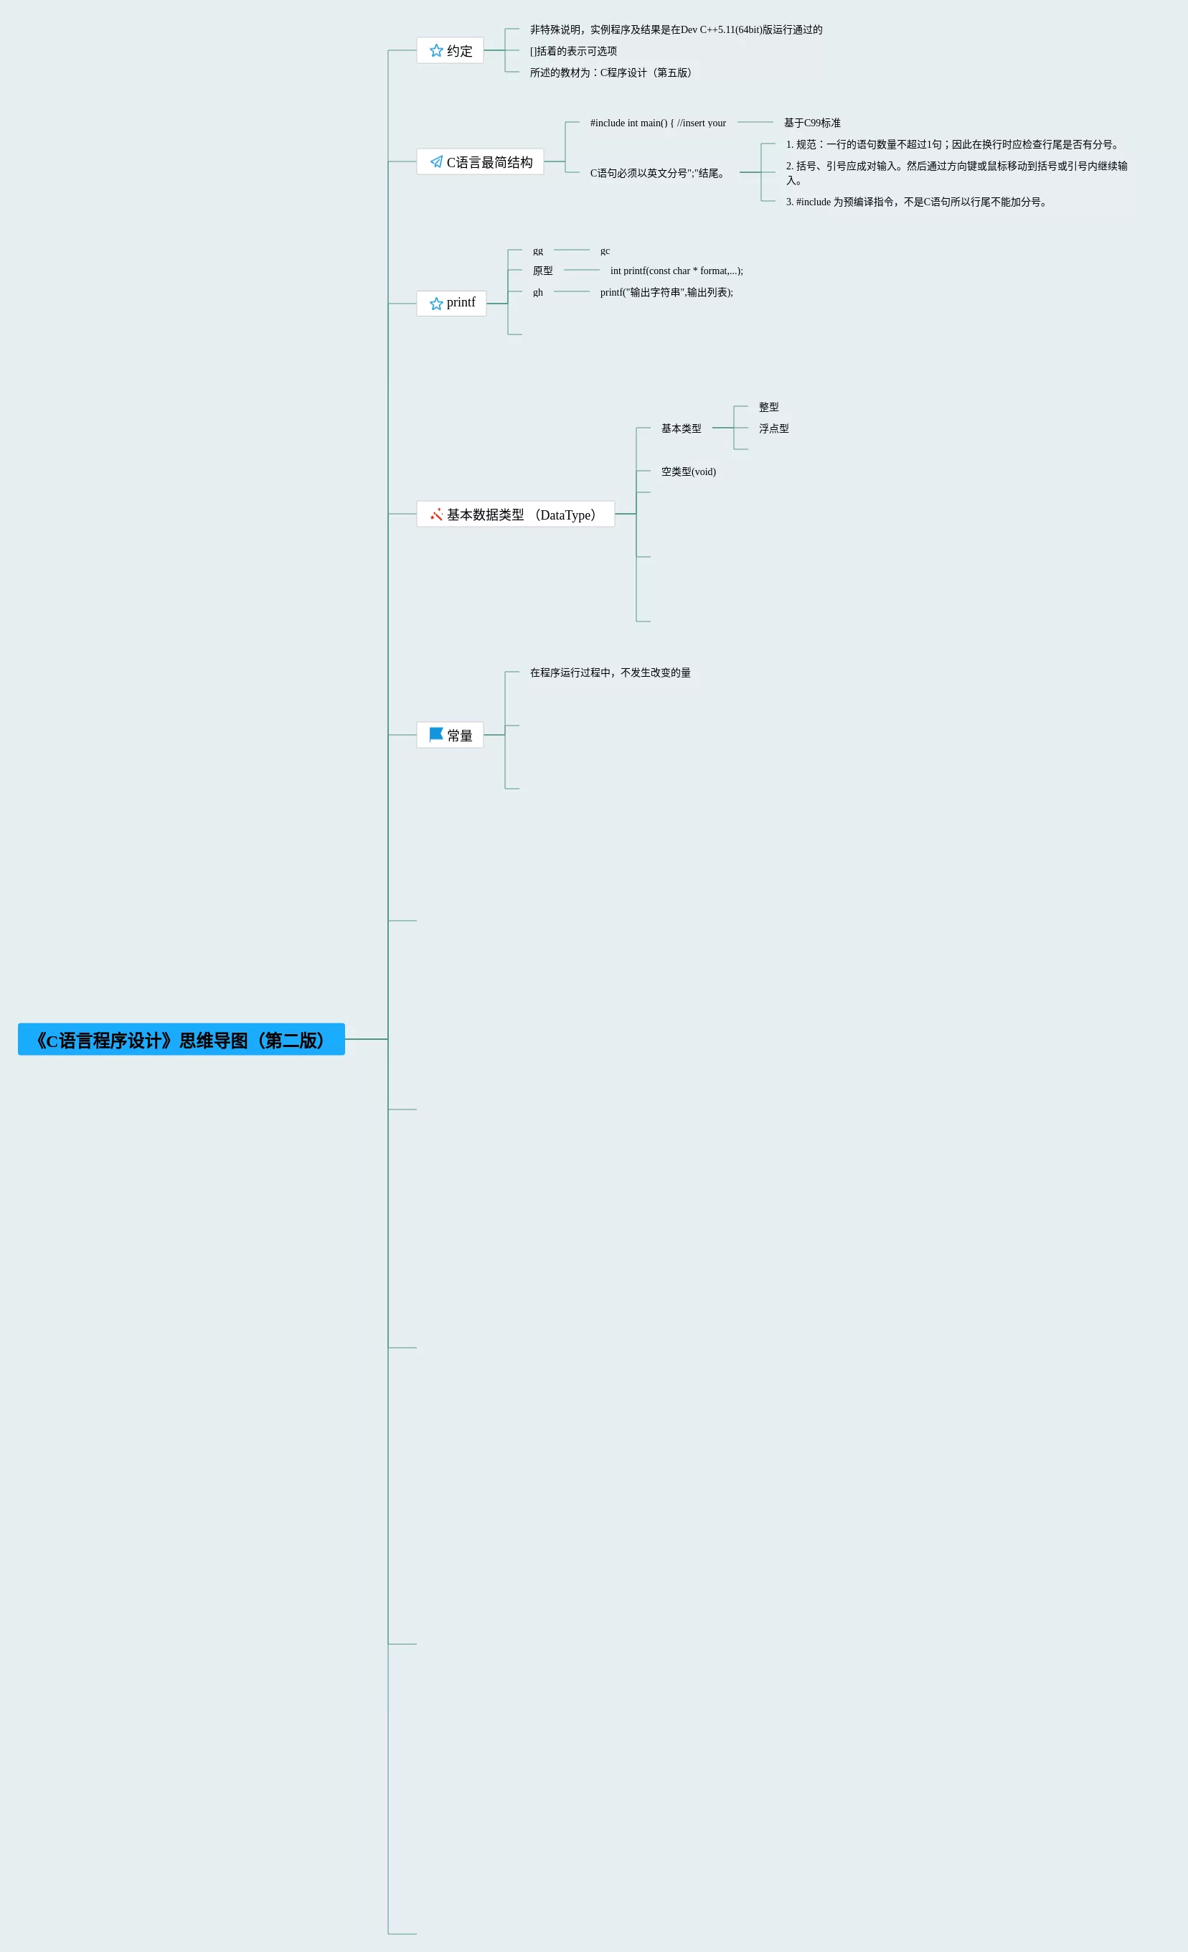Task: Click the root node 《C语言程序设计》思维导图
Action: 181,1039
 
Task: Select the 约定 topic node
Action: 450,51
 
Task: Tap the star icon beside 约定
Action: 435,51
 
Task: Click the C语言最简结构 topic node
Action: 480,161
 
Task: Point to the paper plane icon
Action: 436,161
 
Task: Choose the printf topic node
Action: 451,304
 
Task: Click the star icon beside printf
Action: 435,304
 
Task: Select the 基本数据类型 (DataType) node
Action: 516,514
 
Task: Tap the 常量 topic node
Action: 450,735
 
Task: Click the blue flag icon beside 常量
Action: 435,734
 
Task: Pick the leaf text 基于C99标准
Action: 812,123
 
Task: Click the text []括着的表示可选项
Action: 572,52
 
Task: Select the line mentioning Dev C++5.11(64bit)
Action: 676,30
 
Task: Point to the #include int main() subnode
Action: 657,123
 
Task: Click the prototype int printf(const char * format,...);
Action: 676,271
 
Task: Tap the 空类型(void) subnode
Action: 688,471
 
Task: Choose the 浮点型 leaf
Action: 773,428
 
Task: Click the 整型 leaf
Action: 768,407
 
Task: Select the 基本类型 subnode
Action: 681,428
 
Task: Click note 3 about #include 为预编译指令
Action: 916,202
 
